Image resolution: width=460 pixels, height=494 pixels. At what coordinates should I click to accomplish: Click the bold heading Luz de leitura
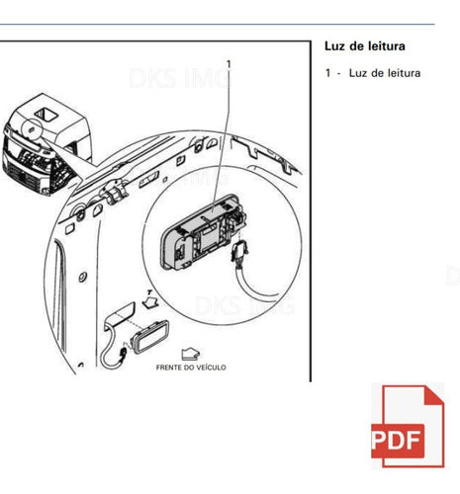tap(365, 46)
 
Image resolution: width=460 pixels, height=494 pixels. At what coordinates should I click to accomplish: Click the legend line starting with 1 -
tap(373, 73)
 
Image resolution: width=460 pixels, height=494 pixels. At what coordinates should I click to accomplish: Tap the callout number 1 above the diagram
tap(229, 64)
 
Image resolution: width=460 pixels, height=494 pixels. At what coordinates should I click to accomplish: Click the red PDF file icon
tap(408, 426)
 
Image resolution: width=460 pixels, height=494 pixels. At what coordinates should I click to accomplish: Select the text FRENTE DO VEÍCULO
tap(191, 368)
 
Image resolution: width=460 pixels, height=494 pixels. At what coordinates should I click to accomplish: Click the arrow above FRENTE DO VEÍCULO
tap(190, 354)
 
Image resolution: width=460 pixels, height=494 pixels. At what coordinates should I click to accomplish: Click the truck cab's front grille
tap(27, 175)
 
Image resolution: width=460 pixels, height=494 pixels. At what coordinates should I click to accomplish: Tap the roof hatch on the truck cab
tap(46, 115)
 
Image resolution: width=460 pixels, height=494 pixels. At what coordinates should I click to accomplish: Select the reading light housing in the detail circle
tap(202, 231)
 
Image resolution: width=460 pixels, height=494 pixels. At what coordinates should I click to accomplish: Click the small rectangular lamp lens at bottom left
tap(150, 337)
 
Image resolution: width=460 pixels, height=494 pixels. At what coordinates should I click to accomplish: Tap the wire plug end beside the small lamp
tap(124, 353)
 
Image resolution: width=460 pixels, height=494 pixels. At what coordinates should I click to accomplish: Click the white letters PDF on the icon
tap(397, 441)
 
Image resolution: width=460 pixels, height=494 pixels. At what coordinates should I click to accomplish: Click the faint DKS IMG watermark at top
tap(180, 78)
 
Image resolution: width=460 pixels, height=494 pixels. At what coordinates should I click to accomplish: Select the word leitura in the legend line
tap(401, 73)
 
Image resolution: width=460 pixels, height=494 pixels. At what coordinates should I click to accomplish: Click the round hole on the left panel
tap(82, 277)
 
